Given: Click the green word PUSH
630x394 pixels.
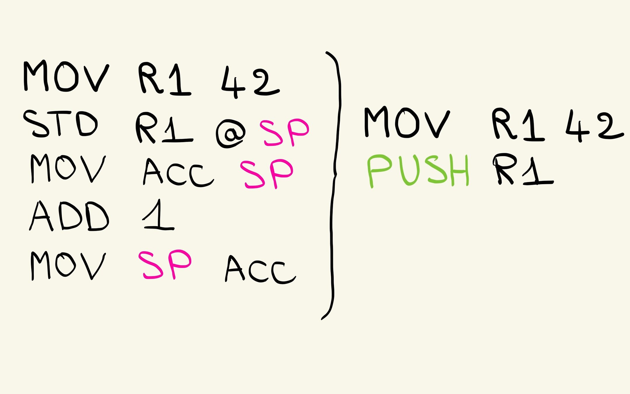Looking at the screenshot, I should click(x=418, y=171).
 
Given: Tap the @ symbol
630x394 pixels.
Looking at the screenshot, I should click(x=230, y=134).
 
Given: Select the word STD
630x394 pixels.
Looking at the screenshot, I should click(x=60, y=124).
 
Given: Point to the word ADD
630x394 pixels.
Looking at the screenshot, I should click(x=69, y=216).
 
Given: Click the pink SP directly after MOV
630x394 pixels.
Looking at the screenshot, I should click(x=165, y=264).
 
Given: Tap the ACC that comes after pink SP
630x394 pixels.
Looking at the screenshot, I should click(x=260, y=269).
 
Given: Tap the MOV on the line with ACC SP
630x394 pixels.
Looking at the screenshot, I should click(x=68, y=168).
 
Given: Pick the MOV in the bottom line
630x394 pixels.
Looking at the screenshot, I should click(x=68, y=266).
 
